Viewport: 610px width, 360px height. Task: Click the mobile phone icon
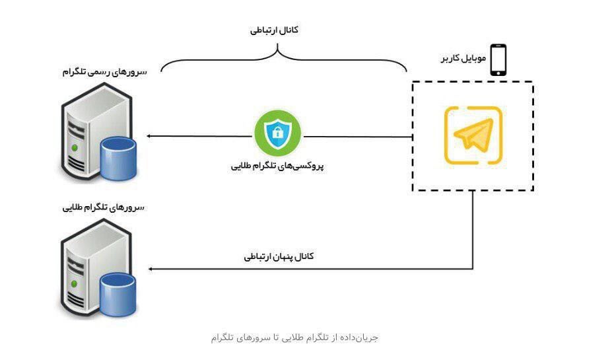498,59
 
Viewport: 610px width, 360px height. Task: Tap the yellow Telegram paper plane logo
473,135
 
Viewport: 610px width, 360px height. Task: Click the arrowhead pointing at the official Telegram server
151,136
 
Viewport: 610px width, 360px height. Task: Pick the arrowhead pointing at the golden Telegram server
151,269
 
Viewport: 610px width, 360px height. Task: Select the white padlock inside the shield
277,134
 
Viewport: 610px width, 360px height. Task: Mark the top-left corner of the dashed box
413,83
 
